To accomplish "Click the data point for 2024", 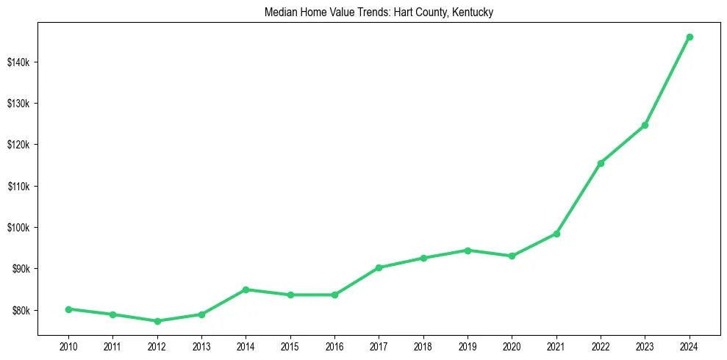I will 690,37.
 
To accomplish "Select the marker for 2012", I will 157,321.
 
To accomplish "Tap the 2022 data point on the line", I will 601,163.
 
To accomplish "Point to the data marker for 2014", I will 246,289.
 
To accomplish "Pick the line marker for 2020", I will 512,256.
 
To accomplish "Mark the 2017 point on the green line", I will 379,267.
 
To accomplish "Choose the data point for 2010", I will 68,309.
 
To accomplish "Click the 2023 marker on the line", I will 645,125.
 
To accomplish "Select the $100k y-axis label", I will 19,227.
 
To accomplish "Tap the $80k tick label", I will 21,310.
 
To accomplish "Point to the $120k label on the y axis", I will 19,145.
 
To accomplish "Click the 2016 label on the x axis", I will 334,345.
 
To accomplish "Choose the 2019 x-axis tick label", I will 468,345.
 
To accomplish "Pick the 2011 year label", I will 112,345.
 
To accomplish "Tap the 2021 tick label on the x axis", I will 556,345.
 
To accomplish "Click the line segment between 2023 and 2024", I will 667,81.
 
